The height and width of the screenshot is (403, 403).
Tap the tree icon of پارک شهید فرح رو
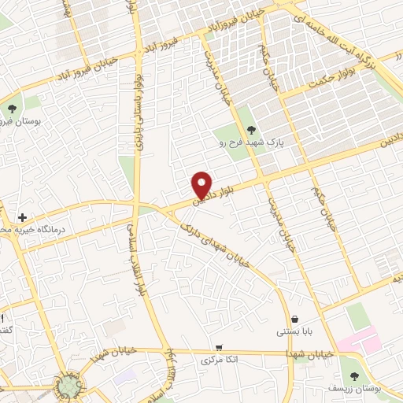click(x=251, y=131)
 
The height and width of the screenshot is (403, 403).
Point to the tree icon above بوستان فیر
click(x=12, y=109)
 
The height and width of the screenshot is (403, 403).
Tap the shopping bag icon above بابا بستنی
click(x=294, y=320)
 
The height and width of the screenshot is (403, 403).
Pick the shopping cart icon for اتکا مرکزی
click(x=218, y=347)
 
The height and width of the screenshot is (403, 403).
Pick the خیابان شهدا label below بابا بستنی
click(x=312, y=355)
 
